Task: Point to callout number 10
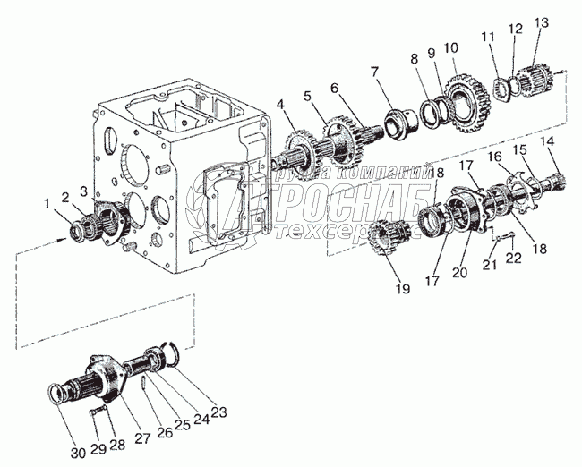450,46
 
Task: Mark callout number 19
402,288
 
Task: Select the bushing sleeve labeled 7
398,119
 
